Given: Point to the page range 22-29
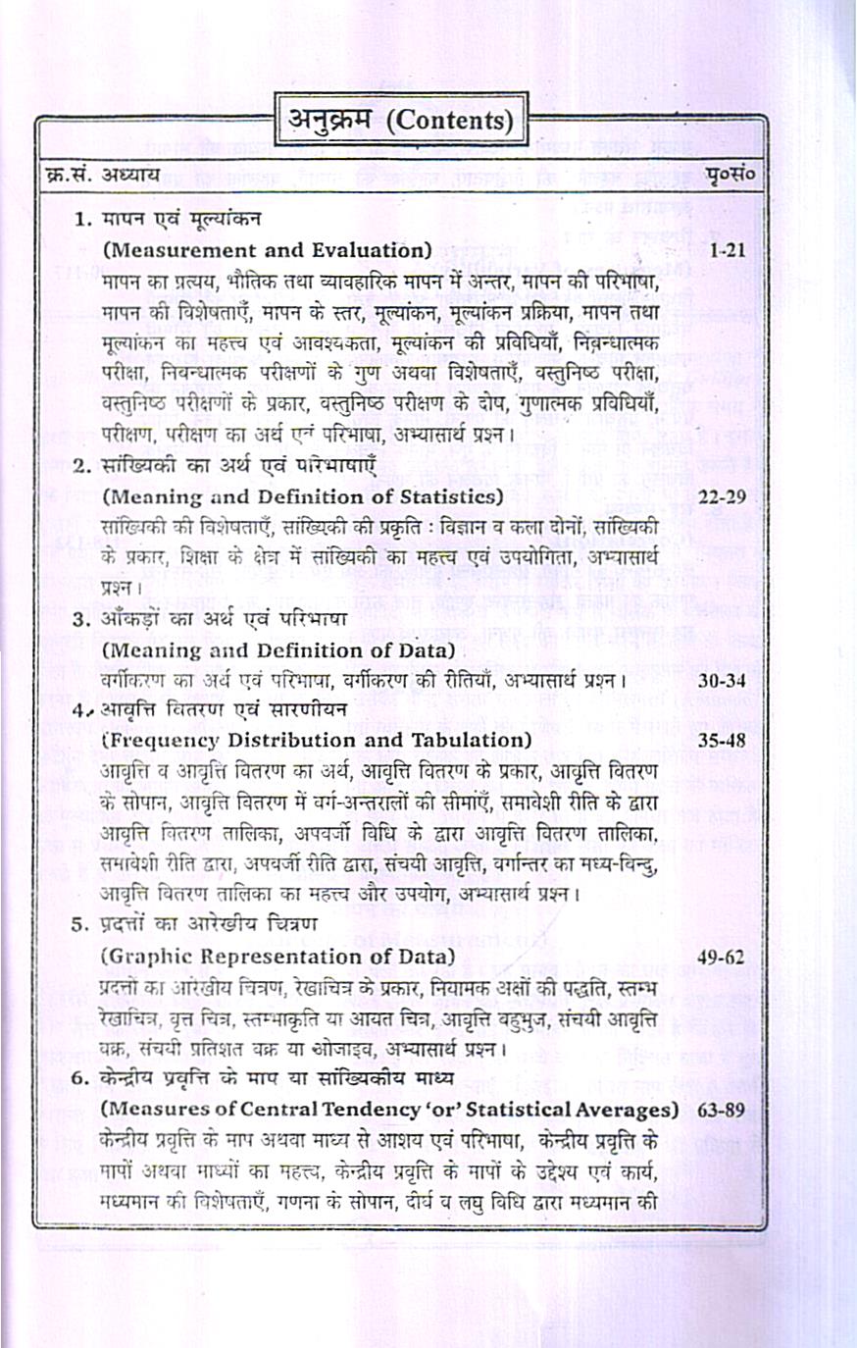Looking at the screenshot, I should point(723,496).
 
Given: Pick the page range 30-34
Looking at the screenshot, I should point(723,679).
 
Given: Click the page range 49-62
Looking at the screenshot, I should point(723,956).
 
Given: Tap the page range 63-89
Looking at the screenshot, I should point(723,1110).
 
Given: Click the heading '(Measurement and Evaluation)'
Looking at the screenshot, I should point(267,250).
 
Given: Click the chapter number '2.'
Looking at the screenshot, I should point(82,466).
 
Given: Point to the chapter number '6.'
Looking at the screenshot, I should point(82,1079).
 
